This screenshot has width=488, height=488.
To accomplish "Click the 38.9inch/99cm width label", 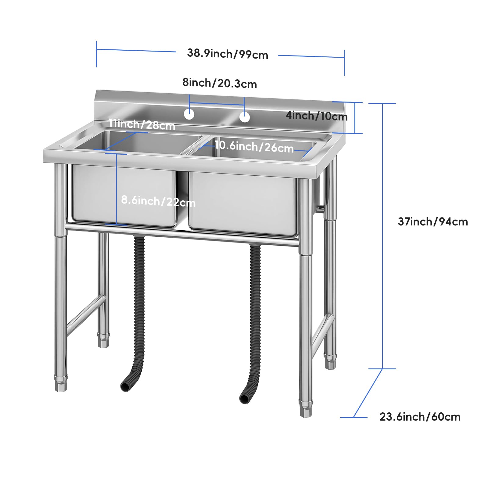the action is (x=228, y=54).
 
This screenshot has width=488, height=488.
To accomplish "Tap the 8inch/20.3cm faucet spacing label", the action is (x=220, y=83).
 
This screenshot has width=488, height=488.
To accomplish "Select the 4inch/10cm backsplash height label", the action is (x=317, y=116).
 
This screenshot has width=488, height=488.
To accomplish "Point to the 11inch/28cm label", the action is (x=142, y=124).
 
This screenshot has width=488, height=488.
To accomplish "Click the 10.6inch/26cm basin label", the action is (x=254, y=146).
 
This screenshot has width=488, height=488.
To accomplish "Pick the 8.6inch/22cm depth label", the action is (x=158, y=201).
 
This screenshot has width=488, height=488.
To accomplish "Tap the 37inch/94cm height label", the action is (x=433, y=221).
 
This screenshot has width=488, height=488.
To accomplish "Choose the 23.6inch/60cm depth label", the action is (x=420, y=417).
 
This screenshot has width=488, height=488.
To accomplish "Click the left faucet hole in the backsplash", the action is (x=189, y=114).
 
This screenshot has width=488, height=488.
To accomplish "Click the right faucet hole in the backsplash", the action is (x=245, y=117).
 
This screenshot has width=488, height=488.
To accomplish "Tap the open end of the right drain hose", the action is (x=244, y=398).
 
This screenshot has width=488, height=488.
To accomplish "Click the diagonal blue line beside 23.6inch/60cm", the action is (x=368, y=393).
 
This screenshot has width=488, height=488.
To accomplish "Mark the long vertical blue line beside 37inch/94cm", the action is (x=382, y=236).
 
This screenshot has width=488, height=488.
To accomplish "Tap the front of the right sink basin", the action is (x=243, y=204).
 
